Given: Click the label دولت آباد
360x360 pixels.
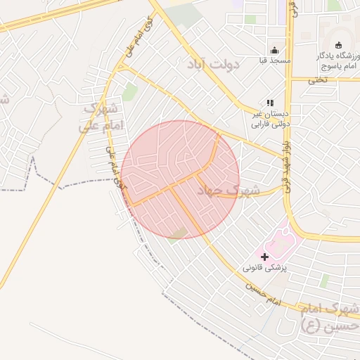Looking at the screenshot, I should click(214, 64).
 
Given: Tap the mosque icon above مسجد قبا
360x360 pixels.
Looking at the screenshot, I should click(274, 51).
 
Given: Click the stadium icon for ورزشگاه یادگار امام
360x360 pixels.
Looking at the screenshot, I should click(338, 45).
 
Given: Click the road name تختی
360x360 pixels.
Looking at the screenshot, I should click(318, 79).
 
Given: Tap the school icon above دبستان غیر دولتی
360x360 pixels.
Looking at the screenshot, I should click(270, 103).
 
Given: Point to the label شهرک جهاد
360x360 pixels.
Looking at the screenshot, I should click(229, 191).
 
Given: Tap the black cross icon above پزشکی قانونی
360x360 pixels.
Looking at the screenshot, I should click(264, 257).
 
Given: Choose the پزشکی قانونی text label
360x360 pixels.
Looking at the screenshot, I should click(265, 269).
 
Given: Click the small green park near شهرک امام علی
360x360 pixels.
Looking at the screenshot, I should click(129, 92).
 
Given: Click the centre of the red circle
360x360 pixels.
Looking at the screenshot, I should click(180, 179).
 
